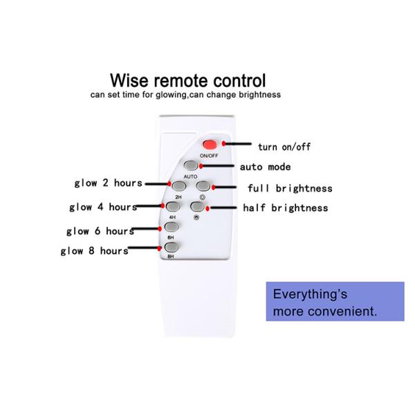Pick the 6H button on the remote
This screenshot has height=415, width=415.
(x=172, y=226)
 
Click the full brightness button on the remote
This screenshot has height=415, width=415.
(x=202, y=186)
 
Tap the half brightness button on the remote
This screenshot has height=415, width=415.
(x=199, y=206)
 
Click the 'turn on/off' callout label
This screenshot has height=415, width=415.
(x=284, y=147)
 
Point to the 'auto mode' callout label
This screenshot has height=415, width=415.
(x=265, y=167)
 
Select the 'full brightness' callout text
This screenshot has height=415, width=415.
(x=290, y=188)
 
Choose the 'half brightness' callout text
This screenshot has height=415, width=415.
(x=286, y=207)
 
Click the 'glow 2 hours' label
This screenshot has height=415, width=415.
(x=108, y=183)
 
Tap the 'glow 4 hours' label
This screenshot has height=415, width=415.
(x=102, y=207)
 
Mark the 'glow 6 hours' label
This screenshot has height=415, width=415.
(x=100, y=231)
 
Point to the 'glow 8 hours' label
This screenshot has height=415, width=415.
(x=94, y=251)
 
